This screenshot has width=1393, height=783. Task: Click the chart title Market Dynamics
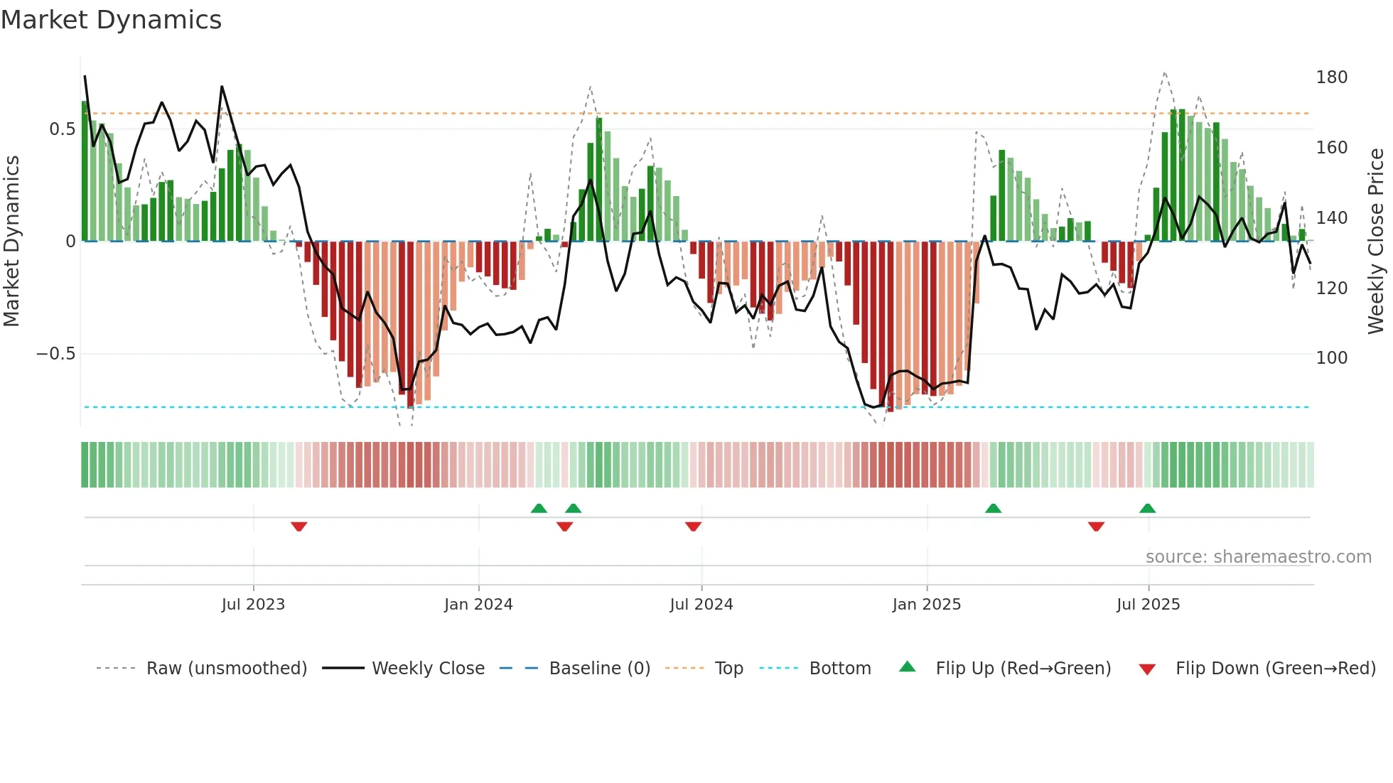pos(111,20)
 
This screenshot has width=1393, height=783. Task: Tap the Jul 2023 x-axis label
pos(253,605)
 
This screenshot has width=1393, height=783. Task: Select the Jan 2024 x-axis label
pos(478,605)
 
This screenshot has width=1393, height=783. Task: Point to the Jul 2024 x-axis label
pos(701,605)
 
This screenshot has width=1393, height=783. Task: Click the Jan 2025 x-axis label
pos(926,605)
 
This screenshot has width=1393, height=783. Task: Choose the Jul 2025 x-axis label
pos(1148,605)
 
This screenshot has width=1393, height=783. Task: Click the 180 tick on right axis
pos(1331,77)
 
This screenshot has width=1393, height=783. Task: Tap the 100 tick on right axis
pos(1331,357)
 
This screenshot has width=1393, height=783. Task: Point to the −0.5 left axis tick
pos(55,354)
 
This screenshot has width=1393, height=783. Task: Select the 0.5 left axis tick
pos(62,129)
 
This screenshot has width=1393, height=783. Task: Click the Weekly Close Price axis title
pos(1377,241)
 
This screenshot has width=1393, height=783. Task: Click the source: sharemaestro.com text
pos(1258,557)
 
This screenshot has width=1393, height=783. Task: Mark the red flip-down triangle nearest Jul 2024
pos(693,526)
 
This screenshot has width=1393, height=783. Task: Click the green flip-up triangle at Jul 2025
pos(1147,508)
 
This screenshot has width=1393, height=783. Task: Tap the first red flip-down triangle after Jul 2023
pos(298,526)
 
